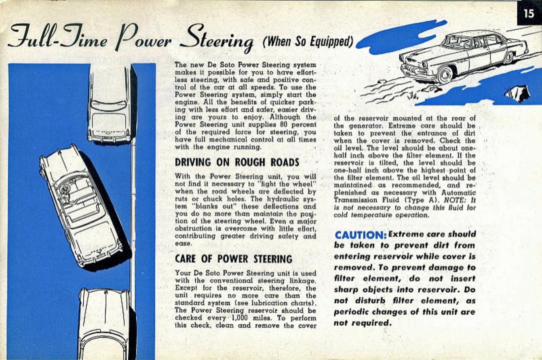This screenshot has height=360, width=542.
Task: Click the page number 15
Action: (x=529, y=13)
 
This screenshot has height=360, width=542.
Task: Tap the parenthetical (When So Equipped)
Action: (x=308, y=41)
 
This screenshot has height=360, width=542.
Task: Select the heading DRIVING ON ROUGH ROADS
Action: (x=237, y=162)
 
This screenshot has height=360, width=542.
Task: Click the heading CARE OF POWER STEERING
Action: (x=234, y=259)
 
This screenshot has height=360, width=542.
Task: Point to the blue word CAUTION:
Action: (x=361, y=235)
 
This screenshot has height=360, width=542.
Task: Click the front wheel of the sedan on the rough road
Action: (x=445, y=74)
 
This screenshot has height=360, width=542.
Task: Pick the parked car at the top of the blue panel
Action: (x=111, y=104)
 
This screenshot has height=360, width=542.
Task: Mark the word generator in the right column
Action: (x=365, y=126)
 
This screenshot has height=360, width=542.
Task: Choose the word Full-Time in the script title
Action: (x=58, y=37)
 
